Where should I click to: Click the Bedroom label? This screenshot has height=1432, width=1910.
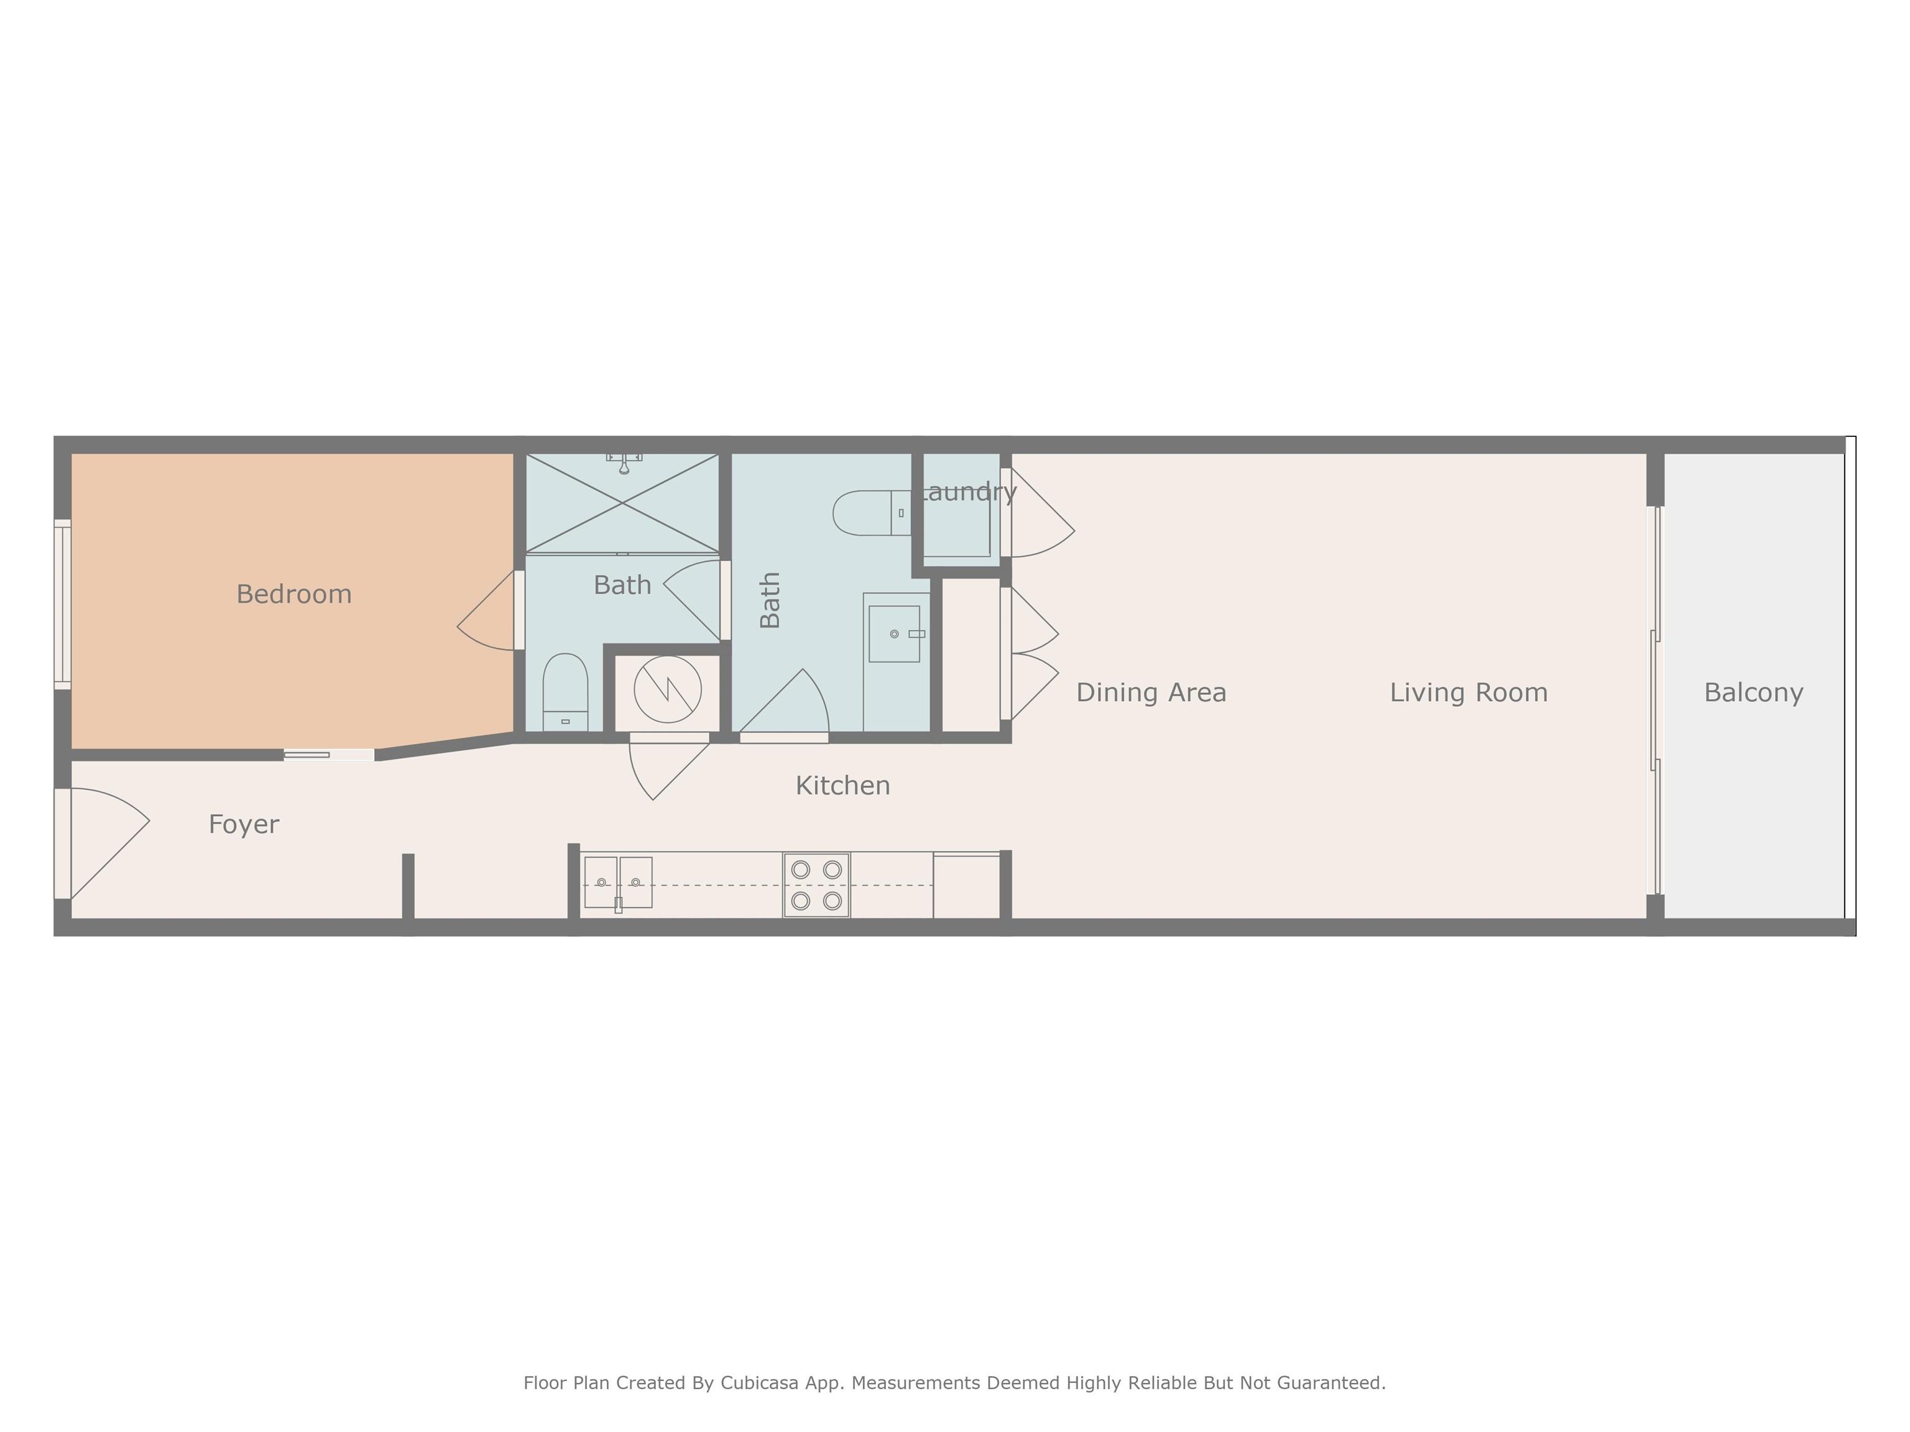pos(293,594)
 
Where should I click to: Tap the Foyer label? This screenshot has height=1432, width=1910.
pos(244,824)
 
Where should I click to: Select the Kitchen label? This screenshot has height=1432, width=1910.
pos(842,786)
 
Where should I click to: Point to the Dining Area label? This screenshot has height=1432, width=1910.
pos(1151,692)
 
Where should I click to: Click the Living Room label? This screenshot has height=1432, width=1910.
pos(1469,692)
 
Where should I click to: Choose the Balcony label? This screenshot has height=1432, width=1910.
pos(1754,693)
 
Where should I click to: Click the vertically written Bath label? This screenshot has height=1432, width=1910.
pos(769,600)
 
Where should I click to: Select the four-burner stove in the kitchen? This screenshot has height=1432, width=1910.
pos(816,885)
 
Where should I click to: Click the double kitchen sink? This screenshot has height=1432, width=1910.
pos(618,882)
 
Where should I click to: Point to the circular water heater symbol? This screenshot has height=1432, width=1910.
pos(668,689)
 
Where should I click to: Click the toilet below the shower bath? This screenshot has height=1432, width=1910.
pos(566,692)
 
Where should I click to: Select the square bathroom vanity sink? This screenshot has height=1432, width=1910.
pos(893,633)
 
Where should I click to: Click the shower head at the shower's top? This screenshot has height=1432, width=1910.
pos(624,462)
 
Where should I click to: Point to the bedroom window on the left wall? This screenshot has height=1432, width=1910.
pos(62,604)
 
